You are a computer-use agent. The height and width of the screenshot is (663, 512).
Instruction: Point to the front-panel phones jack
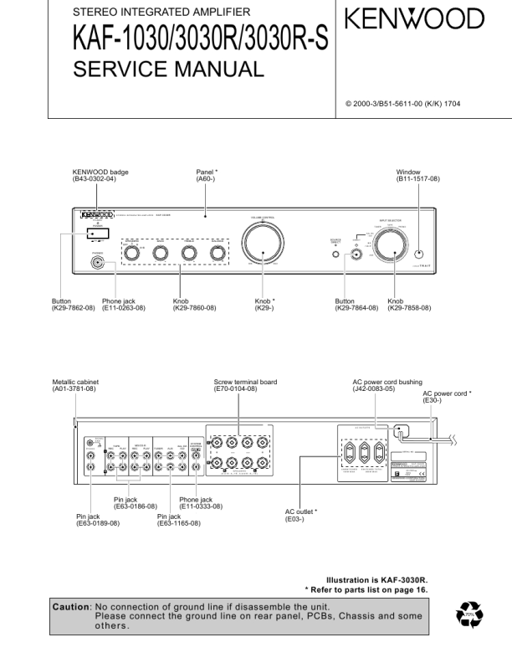(100, 263)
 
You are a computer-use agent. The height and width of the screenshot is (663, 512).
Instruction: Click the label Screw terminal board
(245, 383)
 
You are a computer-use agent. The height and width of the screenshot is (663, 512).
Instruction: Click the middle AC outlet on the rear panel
(364, 456)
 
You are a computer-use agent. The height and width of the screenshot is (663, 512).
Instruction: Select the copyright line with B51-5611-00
(402, 104)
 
